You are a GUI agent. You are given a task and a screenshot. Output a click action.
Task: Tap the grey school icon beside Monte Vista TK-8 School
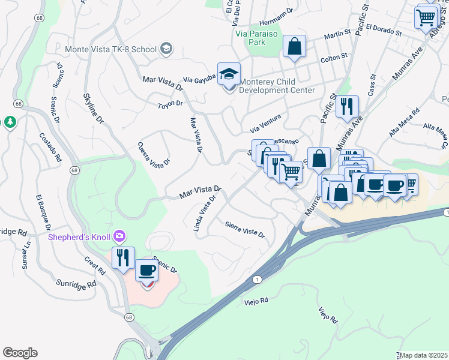166,49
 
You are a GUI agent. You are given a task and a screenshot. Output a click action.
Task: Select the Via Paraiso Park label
256,38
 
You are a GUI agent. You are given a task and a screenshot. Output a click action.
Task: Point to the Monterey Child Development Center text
277,86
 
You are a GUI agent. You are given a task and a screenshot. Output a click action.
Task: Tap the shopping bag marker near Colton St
294,47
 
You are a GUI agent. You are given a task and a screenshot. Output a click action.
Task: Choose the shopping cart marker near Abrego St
426,17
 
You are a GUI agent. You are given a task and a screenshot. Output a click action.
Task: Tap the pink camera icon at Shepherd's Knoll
120,236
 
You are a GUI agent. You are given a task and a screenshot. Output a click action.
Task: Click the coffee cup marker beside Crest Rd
147,272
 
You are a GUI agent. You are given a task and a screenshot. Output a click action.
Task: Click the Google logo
20,353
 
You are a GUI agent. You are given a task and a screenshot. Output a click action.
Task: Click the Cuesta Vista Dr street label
154,154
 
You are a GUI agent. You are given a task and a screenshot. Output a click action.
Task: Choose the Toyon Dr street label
170,104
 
